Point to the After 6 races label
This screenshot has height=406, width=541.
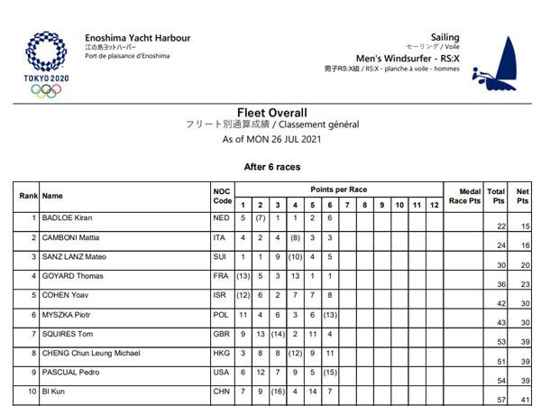(272, 167)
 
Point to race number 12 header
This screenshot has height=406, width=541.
(433, 205)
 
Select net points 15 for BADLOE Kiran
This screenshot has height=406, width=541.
(524, 226)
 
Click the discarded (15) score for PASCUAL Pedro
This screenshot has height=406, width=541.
(330, 373)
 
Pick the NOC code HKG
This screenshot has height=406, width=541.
(219, 353)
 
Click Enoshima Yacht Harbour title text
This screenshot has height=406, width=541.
(137, 37)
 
